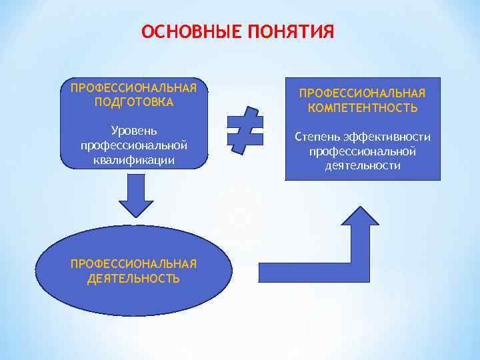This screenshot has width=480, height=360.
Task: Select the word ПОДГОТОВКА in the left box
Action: tap(134, 102)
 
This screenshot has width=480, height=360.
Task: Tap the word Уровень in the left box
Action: tap(133, 130)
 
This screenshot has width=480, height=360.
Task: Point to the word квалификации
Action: tap(133, 160)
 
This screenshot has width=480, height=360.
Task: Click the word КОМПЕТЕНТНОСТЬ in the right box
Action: tap(363, 108)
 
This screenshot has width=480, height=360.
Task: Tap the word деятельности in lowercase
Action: tap(363, 165)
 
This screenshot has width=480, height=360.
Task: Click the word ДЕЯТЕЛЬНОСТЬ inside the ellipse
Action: tap(133, 278)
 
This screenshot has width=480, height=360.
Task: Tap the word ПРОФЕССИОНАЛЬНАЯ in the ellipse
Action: tap(133, 263)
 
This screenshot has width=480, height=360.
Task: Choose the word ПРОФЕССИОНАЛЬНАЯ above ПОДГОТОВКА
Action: tap(134, 88)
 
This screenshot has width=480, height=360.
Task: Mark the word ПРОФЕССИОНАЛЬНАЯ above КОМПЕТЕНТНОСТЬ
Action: tap(363, 94)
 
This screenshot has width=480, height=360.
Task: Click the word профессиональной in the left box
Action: tap(133, 145)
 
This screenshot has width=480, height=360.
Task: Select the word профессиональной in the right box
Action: tap(363, 151)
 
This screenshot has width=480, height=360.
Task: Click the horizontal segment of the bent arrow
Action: tap(300, 269)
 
